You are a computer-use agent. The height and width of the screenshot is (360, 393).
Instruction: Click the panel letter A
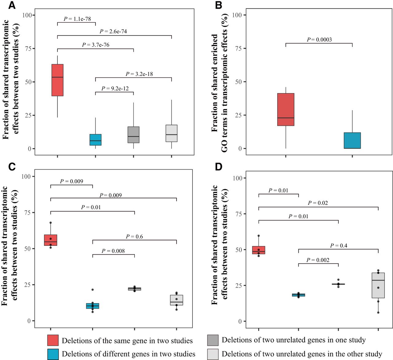[12, 5]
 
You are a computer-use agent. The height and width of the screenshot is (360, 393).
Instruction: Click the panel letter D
[219, 167]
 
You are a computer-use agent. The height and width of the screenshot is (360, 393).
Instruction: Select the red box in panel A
[57, 80]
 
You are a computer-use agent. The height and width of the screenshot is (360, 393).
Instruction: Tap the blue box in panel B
[352, 141]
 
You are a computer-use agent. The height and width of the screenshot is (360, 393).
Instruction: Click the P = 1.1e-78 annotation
[77, 19]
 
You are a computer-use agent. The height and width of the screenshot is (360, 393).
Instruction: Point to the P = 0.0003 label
[319, 40]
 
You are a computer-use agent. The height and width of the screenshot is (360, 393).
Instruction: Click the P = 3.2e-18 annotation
[139, 74]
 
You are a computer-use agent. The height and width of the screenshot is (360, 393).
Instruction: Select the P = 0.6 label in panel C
[134, 237]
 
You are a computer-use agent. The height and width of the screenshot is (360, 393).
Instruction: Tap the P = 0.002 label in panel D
[318, 260]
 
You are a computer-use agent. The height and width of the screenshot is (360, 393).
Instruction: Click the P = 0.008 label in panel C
[113, 251]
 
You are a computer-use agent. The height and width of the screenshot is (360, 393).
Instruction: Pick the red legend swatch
[53, 340]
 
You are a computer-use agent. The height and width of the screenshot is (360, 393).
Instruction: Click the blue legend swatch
[53, 354]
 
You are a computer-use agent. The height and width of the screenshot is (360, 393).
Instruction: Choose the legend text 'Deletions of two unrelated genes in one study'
[294, 340]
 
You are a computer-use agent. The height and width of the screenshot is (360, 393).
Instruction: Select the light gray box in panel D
[378, 285]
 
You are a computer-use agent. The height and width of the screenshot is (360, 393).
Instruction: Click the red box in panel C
[51, 240]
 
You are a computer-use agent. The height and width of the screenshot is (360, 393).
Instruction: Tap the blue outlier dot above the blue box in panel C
[92, 290]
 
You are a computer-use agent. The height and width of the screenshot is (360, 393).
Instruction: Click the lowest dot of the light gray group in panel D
[378, 312]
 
